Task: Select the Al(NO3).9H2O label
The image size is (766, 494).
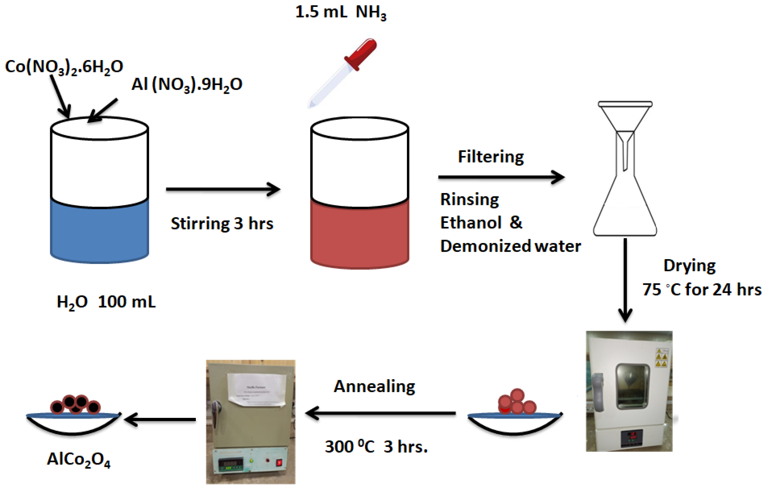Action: coord(187,85)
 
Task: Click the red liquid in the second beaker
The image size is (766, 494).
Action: coord(359,234)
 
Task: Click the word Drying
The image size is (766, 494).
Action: coord(689,266)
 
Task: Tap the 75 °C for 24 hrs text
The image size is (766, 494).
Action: coord(702,290)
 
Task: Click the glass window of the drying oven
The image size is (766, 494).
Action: coord(632,386)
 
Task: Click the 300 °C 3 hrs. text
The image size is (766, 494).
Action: coord(376,447)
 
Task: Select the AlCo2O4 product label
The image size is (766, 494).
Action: coord(79,459)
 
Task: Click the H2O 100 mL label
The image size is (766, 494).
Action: coord(106,302)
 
